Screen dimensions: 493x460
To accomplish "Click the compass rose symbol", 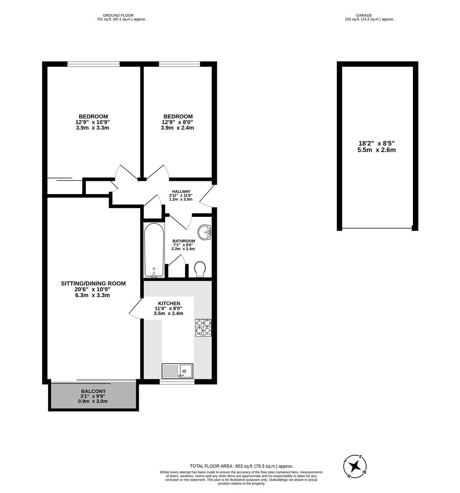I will pos(355,466).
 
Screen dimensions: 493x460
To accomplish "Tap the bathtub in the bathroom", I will pos(153,250).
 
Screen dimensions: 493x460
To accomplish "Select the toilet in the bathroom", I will pos(200,269).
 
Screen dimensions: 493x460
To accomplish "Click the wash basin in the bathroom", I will pos(206,232).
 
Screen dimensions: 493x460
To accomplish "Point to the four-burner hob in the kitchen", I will pos(204,327).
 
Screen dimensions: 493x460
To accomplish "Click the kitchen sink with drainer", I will pos(178,370).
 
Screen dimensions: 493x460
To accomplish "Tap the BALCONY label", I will pos(93,391).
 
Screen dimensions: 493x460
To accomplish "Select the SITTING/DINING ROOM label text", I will pos(93,283).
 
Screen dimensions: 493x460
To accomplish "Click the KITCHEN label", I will pos(169,303).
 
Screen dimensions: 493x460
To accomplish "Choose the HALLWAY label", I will pos(181,192).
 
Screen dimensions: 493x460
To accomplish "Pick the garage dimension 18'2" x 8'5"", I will pos(376,143).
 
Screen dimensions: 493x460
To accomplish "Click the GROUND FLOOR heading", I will pos(118,15).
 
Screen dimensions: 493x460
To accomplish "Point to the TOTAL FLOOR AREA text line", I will pos(241,466).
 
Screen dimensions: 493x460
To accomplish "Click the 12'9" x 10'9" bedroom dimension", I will pos(93,122).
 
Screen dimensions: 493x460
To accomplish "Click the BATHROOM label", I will pos(183,241).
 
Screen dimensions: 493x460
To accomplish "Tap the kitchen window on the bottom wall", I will pos(178,381).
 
